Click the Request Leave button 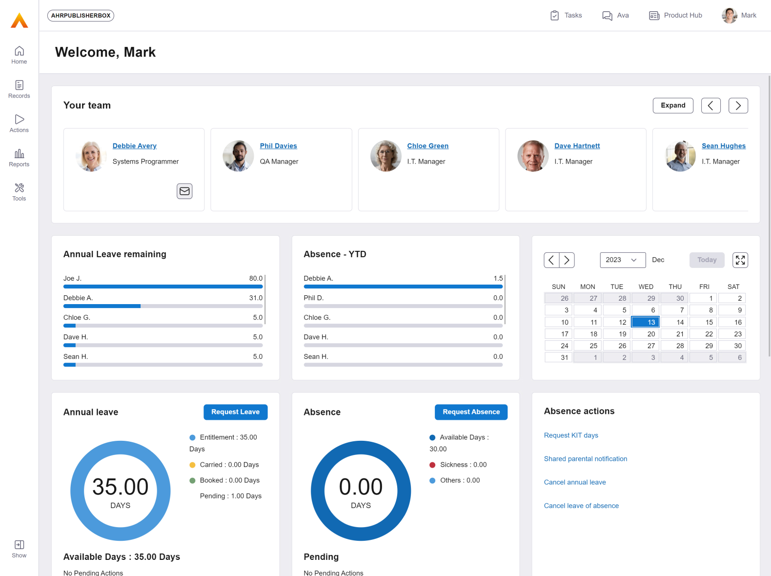[x=235, y=412]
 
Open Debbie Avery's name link [x=134, y=146]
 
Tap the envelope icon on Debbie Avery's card [x=184, y=191]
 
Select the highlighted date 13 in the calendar [x=645, y=322]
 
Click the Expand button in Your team [x=672, y=105]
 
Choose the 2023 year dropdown [x=622, y=260]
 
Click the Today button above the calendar [x=706, y=260]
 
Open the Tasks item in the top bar [x=566, y=16]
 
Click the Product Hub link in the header [x=675, y=16]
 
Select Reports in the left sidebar [x=19, y=158]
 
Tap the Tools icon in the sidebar [x=19, y=192]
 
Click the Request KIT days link [x=571, y=435]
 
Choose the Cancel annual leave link [x=575, y=482]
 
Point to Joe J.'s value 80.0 [x=256, y=279]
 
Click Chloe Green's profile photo [x=385, y=156]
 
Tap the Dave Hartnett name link [x=577, y=146]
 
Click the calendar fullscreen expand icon [x=740, y=260]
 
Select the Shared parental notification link [x=586, y=459]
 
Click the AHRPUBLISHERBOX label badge [x=81, y=16]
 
